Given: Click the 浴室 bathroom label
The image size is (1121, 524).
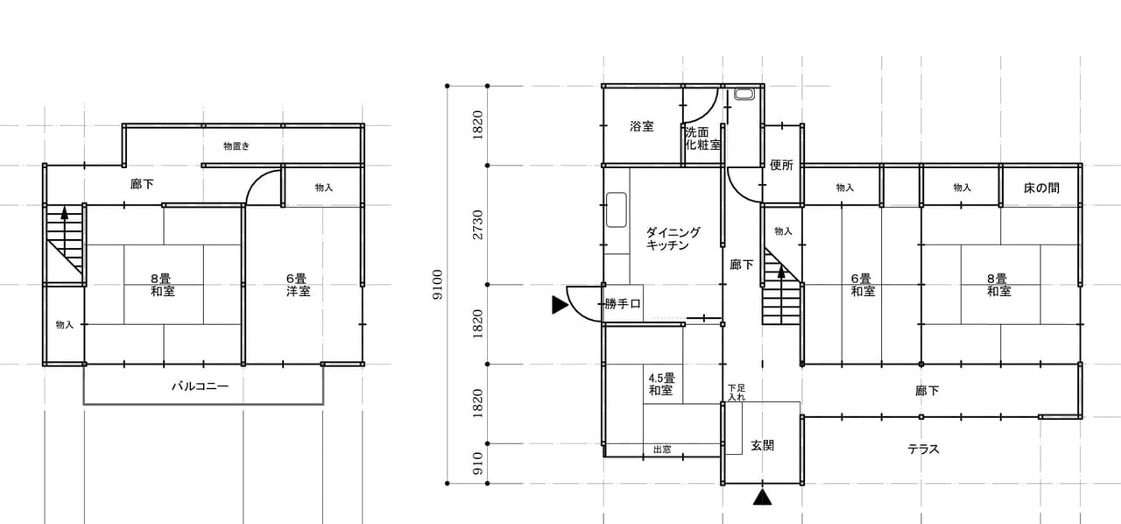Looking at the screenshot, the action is pyautogui.click(x=642, y=126).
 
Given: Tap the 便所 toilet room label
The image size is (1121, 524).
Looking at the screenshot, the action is pyautogui.click(x=781, y=165).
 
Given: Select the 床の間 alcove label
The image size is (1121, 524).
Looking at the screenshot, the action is pyautogui.click(x=1041, y=188).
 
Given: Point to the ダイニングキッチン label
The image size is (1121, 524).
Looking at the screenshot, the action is pyautogui.click(x=673, y=238).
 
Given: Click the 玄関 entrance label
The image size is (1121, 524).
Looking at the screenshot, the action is pyautogui.click(x=762, y=445).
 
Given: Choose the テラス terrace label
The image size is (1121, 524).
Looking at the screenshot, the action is pyautogui.click(x=923, y=449).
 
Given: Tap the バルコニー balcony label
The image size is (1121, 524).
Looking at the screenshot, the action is pyautogui.click(x=201, y=386).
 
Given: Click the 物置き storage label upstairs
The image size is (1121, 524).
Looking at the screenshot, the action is pyautogui.click(x=236, y=145).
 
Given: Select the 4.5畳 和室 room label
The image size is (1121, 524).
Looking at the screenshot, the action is pyautogui.click(x=661, y=384).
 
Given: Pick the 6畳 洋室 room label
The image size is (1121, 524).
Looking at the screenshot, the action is pyautogui.click(x=299, y=285).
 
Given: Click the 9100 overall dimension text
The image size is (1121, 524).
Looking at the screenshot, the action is pyautogui.click(x=437, y=285).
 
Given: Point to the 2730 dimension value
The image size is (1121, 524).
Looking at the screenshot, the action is pyautogui.click(x=477, y=224).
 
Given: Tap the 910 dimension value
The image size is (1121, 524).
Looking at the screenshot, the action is pyautogui.click(x=477, y=464).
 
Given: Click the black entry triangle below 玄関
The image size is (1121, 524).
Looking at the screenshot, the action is pyautogui.click(x=762, y=498).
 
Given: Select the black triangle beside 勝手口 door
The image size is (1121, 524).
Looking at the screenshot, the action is pyautogui.click(x=560, y=305).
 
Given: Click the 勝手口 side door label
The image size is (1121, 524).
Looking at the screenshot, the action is pyautogui.click(x=623, y=303).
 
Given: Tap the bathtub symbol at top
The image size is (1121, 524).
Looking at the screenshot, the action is pyautogui.click(x=744, y=94).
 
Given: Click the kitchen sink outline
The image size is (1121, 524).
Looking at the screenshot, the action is pyautogui.click(x=617, y=210).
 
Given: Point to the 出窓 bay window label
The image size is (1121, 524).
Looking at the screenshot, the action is pyautogui.click(x=662, y=450).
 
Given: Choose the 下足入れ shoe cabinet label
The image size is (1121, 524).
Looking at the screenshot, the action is pyautogui.click(x=737, y=393).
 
